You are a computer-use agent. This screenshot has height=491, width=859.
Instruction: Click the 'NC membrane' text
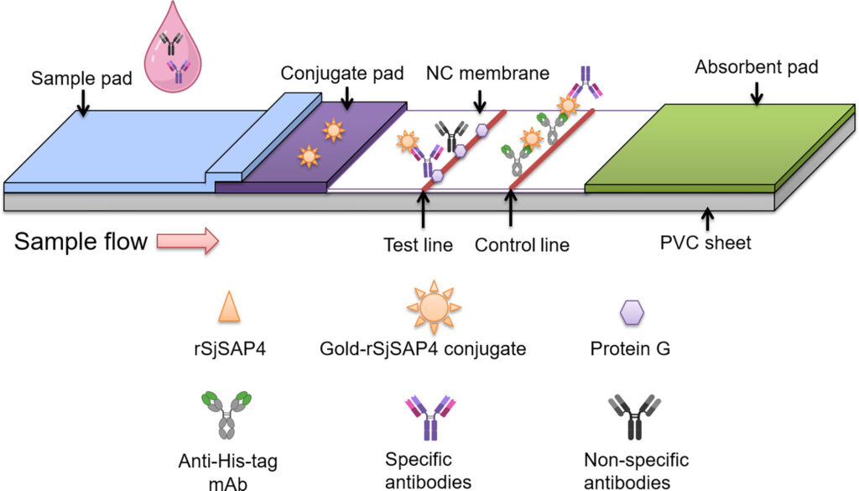487,74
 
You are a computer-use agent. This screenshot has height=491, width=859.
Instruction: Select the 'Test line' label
418,245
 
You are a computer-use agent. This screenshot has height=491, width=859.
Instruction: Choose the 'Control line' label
522,245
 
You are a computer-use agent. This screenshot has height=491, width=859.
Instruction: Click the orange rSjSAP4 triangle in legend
229,307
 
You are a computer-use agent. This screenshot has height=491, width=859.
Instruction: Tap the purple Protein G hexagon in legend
632,311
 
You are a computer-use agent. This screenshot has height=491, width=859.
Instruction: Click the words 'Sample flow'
81,242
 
